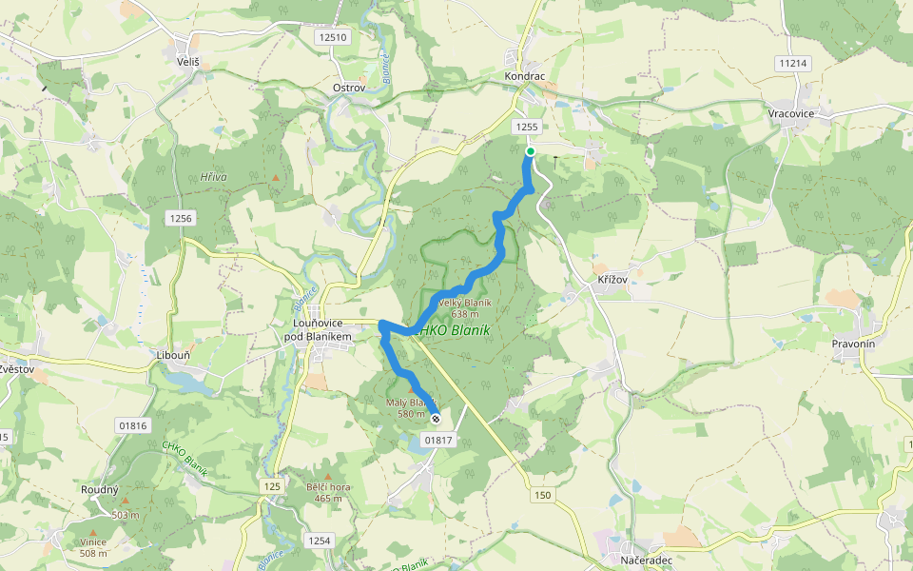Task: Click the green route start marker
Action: tap(531, 151)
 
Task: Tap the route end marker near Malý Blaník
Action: tap(436, 419)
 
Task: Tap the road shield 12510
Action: tap(334, 37)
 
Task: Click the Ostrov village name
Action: tap(349, 88)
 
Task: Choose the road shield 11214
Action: tap(792, 64)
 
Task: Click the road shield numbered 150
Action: tap(542, 495)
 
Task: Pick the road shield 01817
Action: tap(437, 440)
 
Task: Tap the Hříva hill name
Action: tap(213, 177)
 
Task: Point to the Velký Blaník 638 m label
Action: tap(465, 307)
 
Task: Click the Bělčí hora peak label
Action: tap(328, 492)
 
